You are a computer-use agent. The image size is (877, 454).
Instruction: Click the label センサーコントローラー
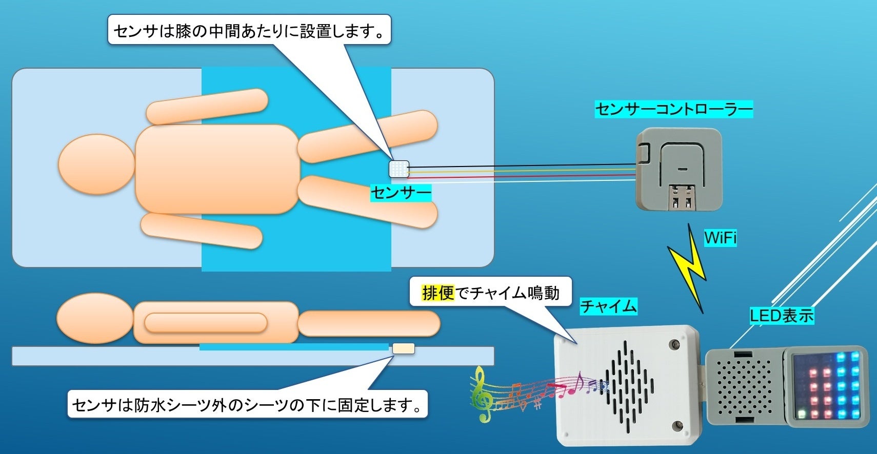click(x=673, y=109)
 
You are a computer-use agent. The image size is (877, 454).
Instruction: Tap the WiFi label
click(x=720, y=238)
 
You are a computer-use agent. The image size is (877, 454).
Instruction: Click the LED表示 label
click(x=781, y=315)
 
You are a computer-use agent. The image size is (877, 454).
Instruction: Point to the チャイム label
click(x=608, y=306)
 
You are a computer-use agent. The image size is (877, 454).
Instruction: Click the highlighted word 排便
click(x=438, y=293)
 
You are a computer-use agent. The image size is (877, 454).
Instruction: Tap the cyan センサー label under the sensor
click(x=401, y=193)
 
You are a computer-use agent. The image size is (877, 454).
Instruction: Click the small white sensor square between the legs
click(x=399, y=169)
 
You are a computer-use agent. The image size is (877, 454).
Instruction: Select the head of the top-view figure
click(x=96, y=164)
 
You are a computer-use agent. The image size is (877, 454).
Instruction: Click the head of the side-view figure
click(x=95, y=318)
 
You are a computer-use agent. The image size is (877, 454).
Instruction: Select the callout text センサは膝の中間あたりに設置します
click(x=249, y=31)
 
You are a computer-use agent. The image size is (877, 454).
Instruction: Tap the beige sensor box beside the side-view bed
click(x=403, y=349)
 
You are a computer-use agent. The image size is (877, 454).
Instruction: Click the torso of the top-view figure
click(x=216, y=169)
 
